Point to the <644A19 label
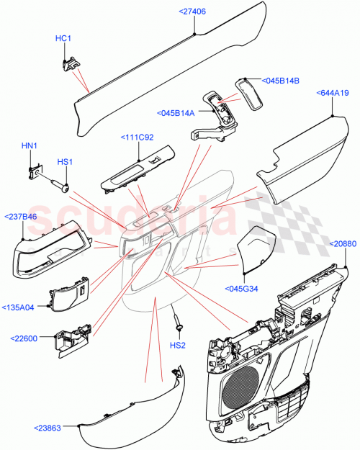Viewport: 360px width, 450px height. pyautogui.click(x=333, y=93)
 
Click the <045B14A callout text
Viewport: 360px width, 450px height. pyautogui.click(x=176, y=112)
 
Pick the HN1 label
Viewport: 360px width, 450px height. pyautogui.click(x=29, y=146)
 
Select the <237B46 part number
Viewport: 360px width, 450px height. pyautogui.click(x=21, y=215)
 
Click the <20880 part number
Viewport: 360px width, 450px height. pyautogui.click(x=343, y=245)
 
